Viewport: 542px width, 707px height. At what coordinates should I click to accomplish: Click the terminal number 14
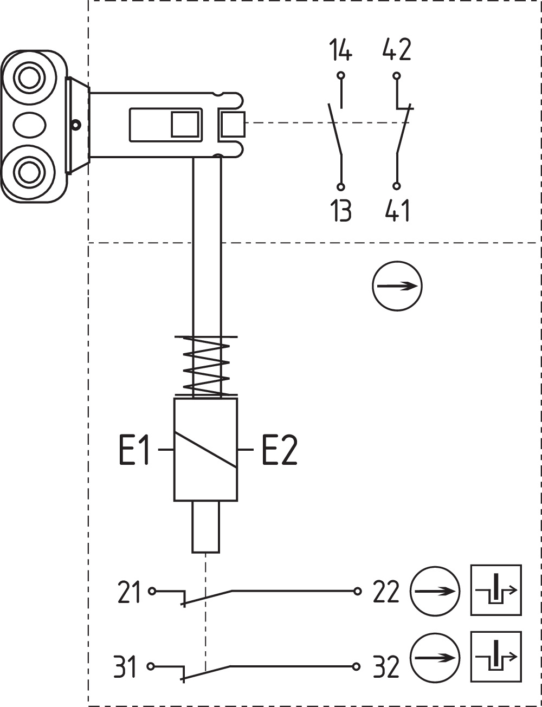(x=340, y=50)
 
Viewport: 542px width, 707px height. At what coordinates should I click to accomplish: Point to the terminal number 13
(x=340, y=210)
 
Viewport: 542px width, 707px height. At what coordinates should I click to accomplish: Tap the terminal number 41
(x=397, y=210)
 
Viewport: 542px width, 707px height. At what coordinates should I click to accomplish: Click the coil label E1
(x=134, y=450)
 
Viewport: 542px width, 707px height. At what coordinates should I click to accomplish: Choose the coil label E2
(x=280, y=450)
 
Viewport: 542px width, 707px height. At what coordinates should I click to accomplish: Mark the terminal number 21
(x=128, y=592)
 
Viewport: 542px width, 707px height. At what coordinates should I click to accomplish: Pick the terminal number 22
(x=386, y=592)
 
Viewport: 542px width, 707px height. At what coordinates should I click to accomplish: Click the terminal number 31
(x=125, y=667)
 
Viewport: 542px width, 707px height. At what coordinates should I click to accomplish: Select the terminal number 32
(x=386, y=667)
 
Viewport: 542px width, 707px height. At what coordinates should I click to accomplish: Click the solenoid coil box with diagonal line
(x=205, y=450)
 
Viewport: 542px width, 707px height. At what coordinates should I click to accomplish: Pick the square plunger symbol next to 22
(x=496, y=590)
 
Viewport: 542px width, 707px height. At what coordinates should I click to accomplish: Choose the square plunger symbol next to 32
(x=496, y=657)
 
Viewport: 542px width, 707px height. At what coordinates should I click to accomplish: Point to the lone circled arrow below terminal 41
(x=397, y=286)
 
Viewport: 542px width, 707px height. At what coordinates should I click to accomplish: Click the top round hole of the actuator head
(x=27, y=78)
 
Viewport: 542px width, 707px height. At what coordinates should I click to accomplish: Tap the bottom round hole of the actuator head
(x=27, y=172)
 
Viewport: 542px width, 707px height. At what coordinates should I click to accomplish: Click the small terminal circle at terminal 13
(x=341, y=187)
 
